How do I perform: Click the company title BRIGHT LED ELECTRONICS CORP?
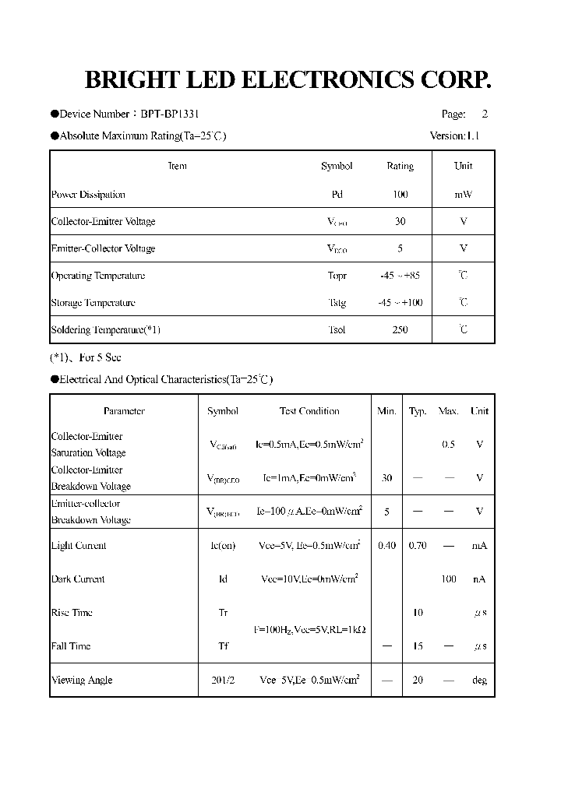tap(288, 80)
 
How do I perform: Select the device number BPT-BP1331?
tap(175, 114)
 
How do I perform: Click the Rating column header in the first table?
tap(400, 166)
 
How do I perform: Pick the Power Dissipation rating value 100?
tap(400, 195)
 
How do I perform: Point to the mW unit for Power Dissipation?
tap(463, 195)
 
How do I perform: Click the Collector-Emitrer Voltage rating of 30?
tap(400, 222)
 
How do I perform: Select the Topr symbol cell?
tap(337, 276)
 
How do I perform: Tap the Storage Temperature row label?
tap(93, 303)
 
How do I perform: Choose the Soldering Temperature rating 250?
tap(400, 330)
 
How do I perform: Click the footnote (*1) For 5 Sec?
tap(86, 357)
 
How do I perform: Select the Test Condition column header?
tap(309, 411)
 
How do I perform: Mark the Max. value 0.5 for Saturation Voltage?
tap(448, 445)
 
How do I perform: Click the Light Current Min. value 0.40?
tap(386, 546)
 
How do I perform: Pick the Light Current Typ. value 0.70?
tap(418, 546)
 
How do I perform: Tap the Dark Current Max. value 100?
tap(448, 579)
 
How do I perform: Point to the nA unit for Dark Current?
tap(479, 579)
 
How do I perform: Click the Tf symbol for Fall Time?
tap(223, 646)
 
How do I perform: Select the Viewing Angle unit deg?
tap(479, 681)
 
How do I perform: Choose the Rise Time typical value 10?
tap(418, 613)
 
